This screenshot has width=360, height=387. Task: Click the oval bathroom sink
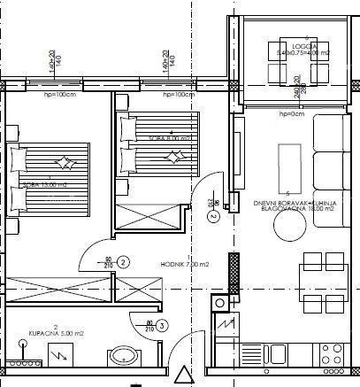tap(122, 357)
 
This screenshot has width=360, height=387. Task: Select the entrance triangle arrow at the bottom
tap(182, 375)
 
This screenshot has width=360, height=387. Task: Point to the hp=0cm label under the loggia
tap(289, 115)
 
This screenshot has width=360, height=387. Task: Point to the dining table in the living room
tap(323, 276)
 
